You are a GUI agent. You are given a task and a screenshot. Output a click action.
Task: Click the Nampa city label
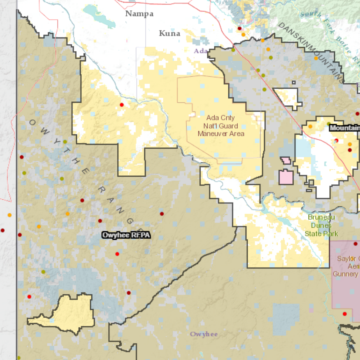(x=139, y=14)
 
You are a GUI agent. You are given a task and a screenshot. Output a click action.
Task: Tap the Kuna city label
(x=170, y=33)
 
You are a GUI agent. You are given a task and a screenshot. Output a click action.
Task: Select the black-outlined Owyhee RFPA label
(x=126, y=235)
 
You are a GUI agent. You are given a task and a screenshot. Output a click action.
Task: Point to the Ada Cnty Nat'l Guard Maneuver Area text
(x=221, y=126)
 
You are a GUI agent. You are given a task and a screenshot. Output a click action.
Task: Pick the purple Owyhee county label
(x=204, y=334)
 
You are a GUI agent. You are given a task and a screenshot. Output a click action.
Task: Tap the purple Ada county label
(x=201, y=51)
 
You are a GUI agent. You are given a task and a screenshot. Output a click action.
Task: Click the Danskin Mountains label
(x=311, y=52)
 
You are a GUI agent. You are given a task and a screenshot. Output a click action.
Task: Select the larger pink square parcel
(x=286, y=177)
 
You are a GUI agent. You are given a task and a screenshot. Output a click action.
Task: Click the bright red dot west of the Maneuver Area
(x=122, y=105)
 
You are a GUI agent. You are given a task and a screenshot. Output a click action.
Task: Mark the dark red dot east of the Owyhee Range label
(x=162, y=214)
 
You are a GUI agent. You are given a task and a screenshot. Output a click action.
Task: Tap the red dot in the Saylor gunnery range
(x=345, y=314)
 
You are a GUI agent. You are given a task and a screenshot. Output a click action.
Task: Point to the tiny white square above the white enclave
(x=294, y=82)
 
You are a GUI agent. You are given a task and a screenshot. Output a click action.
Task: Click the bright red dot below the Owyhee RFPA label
(x=117, y=254)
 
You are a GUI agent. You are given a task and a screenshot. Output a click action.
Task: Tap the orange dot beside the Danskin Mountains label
(x=316, y=58)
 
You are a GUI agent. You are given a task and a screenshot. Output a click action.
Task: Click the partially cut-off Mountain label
(x=345, y=128)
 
